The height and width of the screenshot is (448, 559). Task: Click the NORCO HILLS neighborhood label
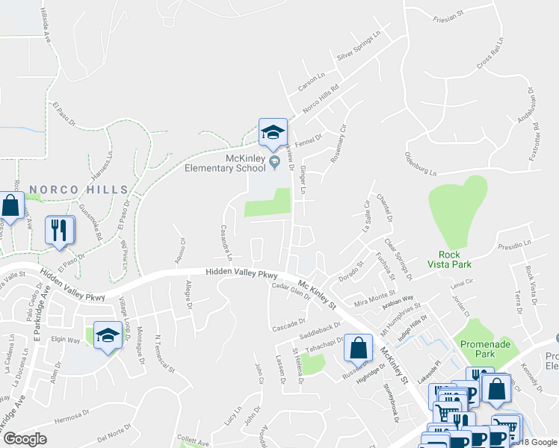78,190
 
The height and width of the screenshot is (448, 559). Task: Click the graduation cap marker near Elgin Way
108,336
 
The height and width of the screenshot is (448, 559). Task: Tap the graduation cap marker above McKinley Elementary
274,132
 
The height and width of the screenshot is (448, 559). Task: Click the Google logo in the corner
25,439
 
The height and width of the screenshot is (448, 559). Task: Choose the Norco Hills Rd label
321,96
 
